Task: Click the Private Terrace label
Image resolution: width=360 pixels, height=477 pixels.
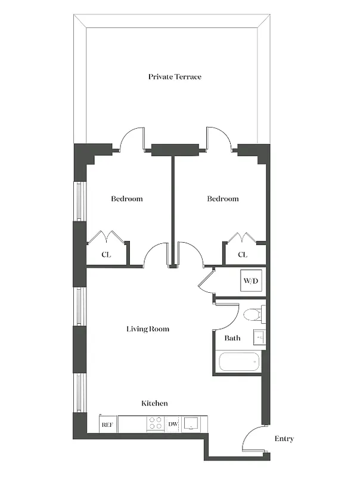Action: pyautogui.click(x=175, y=77)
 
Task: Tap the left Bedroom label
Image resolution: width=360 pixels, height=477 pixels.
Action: pyautogui.click(x=127, y=199)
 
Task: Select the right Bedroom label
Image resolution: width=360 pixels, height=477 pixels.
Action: pyautogui.click(x=223, y=199)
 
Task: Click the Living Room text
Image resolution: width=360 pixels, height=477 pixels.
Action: pyautogui.click(x=148, y=329)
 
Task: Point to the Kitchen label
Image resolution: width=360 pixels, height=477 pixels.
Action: pyautogui.click(x=154, y=404)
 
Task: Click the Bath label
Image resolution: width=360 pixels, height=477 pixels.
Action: pyautogui.click(x=232, y=338)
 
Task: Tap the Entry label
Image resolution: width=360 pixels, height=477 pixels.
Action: pyautogui.click(x=284, y=439)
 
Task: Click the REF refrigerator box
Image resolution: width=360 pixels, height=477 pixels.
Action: pyautogui.click(x=108, y=425)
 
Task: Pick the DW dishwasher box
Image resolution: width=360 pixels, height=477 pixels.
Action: pyautogui.click(x=173, y=425)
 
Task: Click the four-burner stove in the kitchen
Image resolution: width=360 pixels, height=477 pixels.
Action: pyautogui.click(x=155, y=424)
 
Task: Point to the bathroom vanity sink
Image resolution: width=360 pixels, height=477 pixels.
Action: pyautogui.click(x=259, y=337)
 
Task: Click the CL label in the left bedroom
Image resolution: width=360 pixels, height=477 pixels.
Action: pyautogui.click(x=106, y=255)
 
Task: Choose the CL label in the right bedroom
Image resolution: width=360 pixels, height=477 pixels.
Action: pyautogui.click(x=243, y=255)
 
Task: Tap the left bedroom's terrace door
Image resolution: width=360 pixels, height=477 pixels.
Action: pyautogui.click(x=132, y=138)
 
